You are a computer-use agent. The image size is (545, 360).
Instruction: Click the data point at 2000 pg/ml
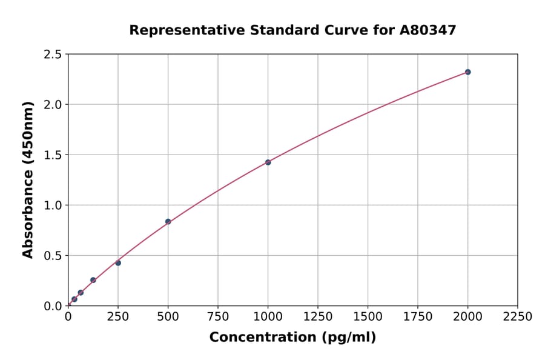point(467,72)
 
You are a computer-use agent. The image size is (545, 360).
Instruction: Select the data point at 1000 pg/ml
point(268,162)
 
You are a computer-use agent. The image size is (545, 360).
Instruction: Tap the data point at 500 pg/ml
point(168,222)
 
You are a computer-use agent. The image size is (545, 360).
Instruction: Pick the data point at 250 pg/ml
point(118,263)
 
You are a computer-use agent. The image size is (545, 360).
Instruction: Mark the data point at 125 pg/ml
point(93,280)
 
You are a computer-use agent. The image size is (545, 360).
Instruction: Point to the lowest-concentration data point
point(74,299)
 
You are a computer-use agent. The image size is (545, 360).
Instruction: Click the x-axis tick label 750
point(218,316)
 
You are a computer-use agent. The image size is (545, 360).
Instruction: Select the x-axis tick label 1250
point(318,316)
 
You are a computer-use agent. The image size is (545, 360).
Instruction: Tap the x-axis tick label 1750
point(418,316)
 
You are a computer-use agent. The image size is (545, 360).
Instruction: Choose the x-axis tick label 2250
point(518,316)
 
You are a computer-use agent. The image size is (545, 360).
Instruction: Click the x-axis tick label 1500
point(368,316)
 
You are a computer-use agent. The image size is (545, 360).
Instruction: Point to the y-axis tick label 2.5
point(53,55)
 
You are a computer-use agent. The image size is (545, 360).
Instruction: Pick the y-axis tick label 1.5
point(53,155)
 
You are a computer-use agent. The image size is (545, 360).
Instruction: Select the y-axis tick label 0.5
point(53,256)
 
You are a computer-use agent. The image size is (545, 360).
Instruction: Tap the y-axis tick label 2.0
point(53,105)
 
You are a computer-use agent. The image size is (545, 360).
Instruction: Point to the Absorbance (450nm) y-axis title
point(28,180)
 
